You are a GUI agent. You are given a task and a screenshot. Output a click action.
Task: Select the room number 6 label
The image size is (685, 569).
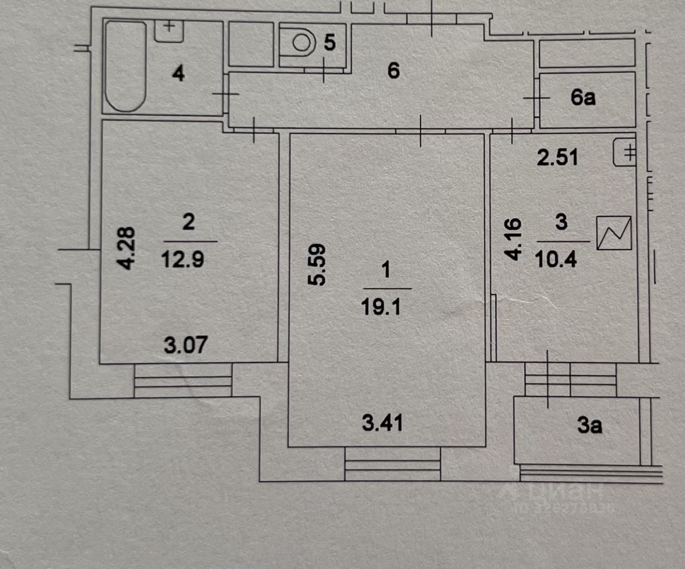tap(393, 71)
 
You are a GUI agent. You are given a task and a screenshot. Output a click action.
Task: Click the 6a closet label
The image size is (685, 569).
tap(583, 98)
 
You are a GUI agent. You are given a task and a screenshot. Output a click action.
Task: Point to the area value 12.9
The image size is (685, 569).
tap(182, 260)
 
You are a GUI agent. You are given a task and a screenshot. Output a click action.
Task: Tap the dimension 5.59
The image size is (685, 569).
tap(318, 265)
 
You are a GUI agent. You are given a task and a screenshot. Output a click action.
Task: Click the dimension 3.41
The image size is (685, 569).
tap(382, 424)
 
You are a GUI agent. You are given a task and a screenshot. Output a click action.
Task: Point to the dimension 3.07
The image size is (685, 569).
tap(185, 345)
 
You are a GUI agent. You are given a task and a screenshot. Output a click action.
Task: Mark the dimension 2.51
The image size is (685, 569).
tap(558, 157)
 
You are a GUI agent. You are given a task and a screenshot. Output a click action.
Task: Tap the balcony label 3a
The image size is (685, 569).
tap(590, 426)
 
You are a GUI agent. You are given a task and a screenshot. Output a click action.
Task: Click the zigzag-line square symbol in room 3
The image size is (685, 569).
tap(614, 233)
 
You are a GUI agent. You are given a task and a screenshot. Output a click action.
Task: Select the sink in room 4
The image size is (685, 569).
tap(169, 30)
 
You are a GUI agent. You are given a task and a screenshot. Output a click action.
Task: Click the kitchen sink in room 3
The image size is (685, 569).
tap(625, 152)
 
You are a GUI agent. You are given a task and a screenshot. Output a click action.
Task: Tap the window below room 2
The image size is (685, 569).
tap(183, 380)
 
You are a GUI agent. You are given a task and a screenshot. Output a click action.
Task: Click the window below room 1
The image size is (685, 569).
tap(392, 464)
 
